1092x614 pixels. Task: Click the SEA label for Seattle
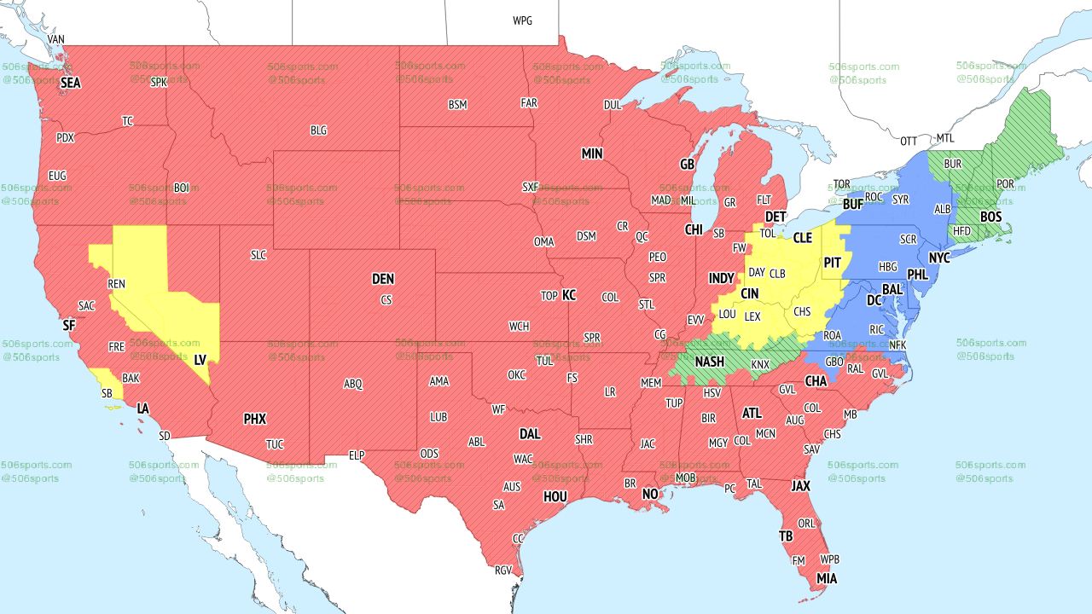[70, 84]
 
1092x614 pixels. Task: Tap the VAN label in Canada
[56, 39]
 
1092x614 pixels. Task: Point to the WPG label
[522, 20]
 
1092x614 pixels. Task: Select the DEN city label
[383, 279]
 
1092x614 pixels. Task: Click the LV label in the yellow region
[200, 361]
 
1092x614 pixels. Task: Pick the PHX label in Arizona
[255, 419]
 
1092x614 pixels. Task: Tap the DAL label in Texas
[530, 434]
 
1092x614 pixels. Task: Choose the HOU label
[555, 496]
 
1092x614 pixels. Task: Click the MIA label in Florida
[826, 579]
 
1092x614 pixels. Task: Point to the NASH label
[709, 362]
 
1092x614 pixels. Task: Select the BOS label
[990, 217]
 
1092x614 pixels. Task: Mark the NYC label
[939, 258]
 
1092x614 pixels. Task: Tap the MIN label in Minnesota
[592, 153]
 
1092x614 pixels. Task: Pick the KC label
[569, 295]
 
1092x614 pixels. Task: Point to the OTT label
[909, 141]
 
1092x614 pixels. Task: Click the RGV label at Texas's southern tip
[503, 571]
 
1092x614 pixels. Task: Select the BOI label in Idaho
[181, 187]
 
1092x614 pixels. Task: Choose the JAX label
[800, 485]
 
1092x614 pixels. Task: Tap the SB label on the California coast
[107, 393]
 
